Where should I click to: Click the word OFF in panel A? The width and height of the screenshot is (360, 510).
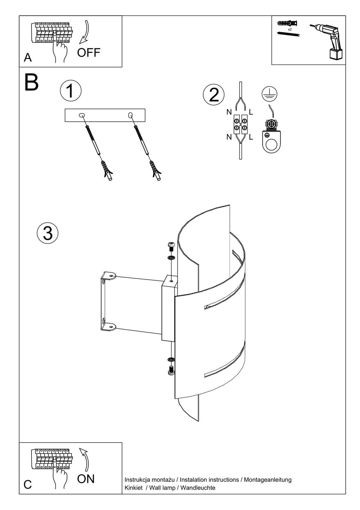[89, 53]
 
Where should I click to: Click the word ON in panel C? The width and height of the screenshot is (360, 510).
[86, 478]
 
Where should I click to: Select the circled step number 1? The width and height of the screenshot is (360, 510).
[70, 91]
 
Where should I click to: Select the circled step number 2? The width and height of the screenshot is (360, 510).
[214, 95]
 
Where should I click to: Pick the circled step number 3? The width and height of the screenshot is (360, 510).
[47, 233]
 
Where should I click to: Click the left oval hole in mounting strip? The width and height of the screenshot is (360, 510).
[82, 115]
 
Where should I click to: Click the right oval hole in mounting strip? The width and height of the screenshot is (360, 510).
[130, 115]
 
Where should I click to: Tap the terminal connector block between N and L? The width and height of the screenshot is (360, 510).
[240, 124]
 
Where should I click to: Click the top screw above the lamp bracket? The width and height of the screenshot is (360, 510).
[171, 245]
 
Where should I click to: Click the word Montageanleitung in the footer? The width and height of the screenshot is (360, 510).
[268, 479]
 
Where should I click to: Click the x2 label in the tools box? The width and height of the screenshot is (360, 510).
[290, 29]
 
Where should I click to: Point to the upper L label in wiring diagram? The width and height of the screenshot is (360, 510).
[251, 112]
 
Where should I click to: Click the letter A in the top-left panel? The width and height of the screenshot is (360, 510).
[28, 58]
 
